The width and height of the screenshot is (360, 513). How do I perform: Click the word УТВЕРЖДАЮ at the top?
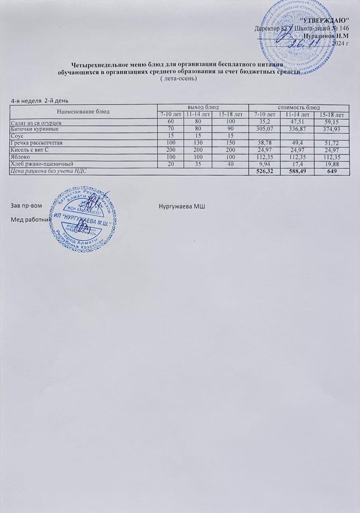325,21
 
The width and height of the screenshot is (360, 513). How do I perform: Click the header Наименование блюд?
83,111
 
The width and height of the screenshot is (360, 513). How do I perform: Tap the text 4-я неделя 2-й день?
39,99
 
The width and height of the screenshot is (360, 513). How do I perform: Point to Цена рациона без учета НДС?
48,171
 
